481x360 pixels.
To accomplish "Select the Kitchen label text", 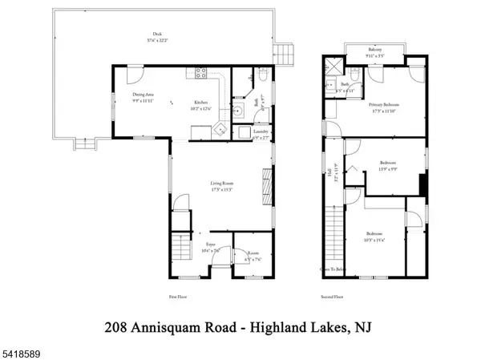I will coord(200,103).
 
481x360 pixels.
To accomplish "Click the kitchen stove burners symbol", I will coord(201,75).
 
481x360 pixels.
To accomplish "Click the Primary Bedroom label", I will coord(384,104).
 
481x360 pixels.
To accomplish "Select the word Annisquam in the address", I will coord(174,326).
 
